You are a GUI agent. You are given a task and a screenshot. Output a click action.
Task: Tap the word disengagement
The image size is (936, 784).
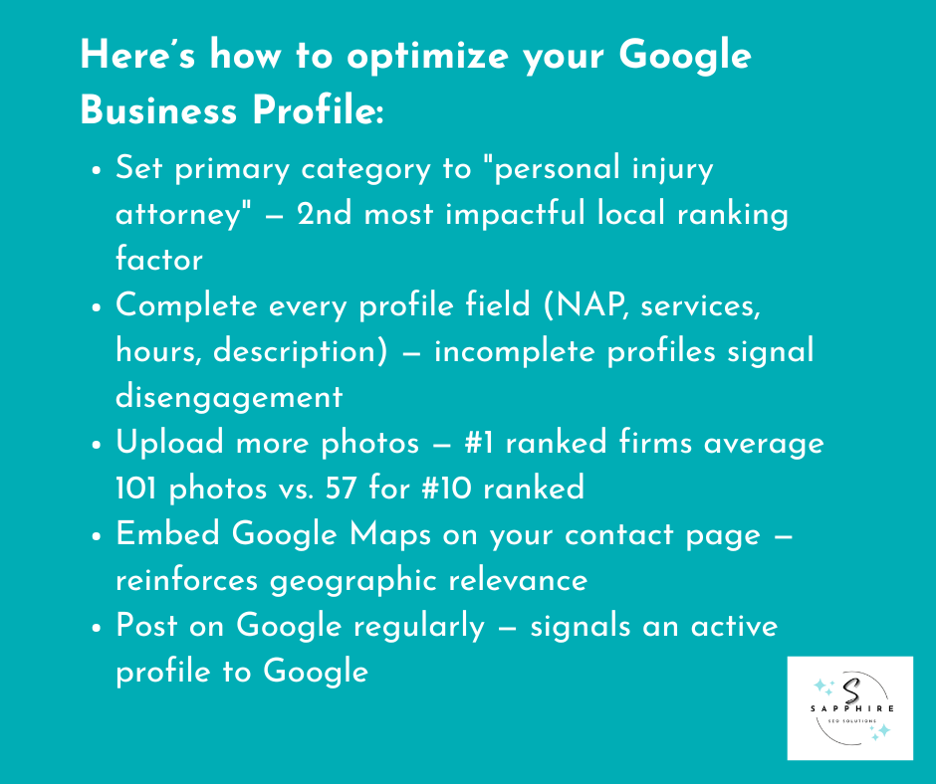pyautogui.click(x=229, y=397)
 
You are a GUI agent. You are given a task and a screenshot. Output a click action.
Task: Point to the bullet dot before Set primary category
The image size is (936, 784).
pyautogui.click(x=97, y=171)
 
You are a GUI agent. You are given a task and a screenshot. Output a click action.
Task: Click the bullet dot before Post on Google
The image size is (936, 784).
pyautogui.click(x=97, y=628)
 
